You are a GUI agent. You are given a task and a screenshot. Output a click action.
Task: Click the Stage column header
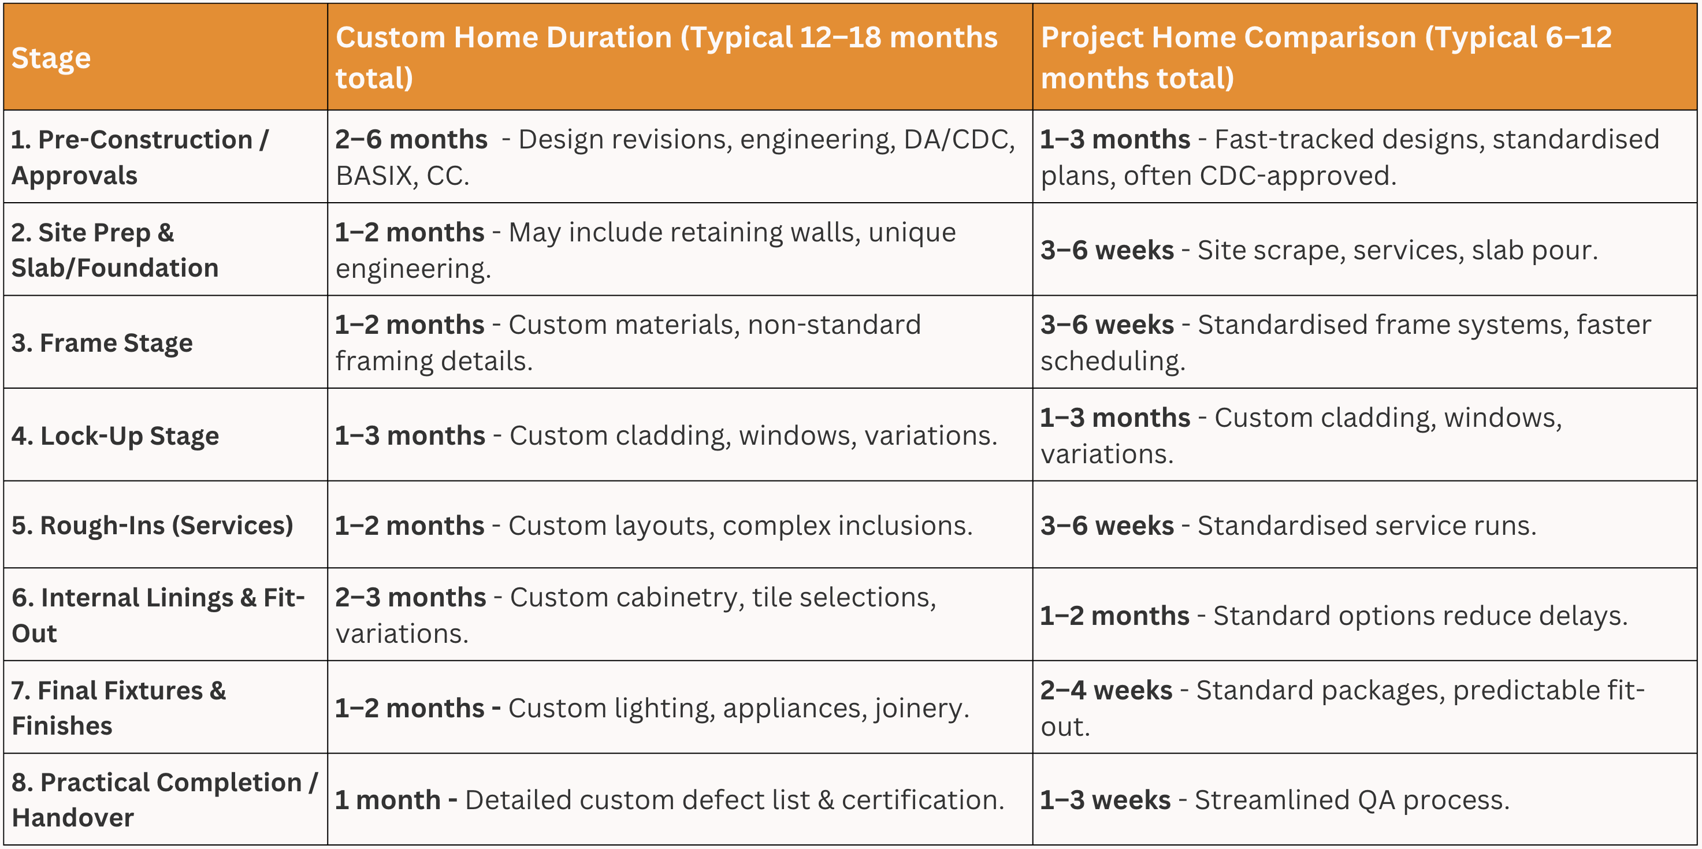tap(51, 58)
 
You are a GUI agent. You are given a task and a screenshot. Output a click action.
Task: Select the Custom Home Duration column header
tap(666, 58)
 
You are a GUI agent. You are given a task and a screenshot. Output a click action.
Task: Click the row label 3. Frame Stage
tap(102, 343)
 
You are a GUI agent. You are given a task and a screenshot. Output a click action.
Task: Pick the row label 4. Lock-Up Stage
tap(115, 436)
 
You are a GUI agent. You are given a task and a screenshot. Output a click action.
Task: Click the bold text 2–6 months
tap(411, 139)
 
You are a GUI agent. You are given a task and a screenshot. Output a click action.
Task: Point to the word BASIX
tap(374, 176)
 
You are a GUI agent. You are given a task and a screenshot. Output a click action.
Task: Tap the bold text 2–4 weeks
tap(1106, 690)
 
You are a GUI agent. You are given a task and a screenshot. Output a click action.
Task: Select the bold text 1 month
tap(388, 800)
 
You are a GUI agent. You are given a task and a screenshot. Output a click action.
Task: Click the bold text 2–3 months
tap(410, 597)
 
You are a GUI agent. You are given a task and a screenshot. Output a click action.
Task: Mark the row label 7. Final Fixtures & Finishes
tap(119, 708)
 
